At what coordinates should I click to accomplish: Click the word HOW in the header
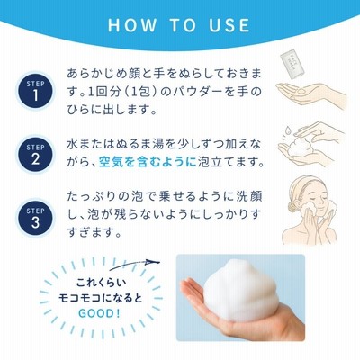pos(132,25)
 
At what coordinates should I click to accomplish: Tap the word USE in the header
pos(229,25)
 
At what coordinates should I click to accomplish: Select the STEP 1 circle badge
pos(35,91)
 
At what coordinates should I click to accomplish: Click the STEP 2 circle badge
pos(35,154)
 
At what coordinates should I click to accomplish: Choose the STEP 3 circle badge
pos(35,218)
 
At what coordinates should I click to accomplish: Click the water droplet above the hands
pos(288,130)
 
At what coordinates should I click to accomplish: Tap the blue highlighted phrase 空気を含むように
pos(148,162)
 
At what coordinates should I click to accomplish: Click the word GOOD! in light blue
pos(99,313)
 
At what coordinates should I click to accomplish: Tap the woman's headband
pos(303,187)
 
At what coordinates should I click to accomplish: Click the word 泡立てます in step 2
pos(230,162)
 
